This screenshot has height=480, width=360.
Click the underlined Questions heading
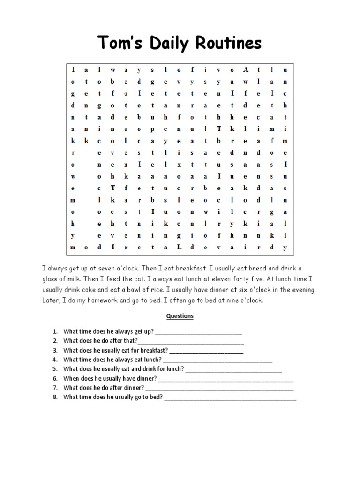180,316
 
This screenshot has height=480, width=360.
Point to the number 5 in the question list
55,369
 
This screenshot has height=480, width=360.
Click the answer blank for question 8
230,397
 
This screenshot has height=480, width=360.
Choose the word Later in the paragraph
52,300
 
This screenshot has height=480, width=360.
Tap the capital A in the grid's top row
245,69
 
